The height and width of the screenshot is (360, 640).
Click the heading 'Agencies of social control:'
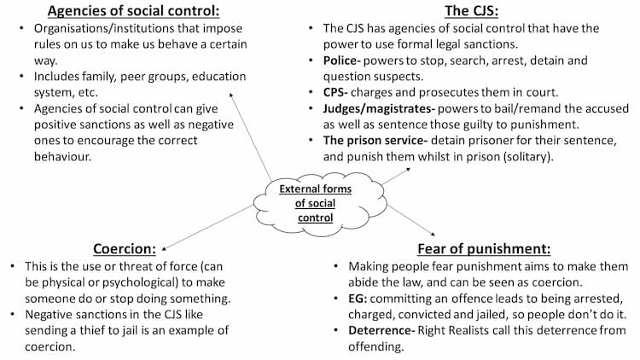pos(133,11)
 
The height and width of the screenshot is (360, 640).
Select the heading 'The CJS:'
pos(471,11)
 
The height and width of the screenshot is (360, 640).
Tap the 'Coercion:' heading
pos(125,248)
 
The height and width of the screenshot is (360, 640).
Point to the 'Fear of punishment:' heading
pos(484,248)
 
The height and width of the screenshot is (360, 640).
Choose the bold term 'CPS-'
pos(335,92)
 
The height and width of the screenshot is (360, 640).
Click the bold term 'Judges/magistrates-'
pos(378,109)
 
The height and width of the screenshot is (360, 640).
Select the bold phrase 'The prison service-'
pos(375,141)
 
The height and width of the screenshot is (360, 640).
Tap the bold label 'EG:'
pos(358,299)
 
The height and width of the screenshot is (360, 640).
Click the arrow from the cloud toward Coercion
pos(207,228)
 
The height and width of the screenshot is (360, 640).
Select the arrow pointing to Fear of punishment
pos(411,220)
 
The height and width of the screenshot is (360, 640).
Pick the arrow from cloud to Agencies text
pos(250,136)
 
